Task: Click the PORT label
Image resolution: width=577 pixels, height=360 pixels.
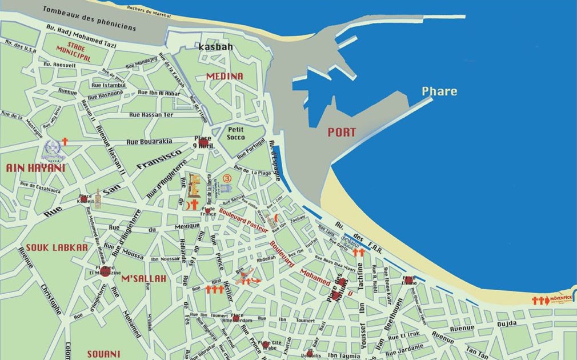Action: [x=342, y=132]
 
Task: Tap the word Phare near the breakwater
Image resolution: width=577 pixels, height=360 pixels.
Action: [x=439, y=91]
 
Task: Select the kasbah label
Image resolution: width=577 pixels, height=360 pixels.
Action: [x=215, y=47]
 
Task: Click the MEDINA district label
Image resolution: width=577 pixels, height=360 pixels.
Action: [x=225, y=76]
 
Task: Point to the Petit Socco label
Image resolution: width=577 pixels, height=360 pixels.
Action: [x=235, y=133]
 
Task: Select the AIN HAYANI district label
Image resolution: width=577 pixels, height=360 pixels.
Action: [x=35, y=168]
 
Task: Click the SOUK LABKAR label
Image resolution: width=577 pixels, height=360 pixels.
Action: [x=57, y=247]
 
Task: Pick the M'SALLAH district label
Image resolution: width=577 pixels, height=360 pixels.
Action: [x=143, y=278]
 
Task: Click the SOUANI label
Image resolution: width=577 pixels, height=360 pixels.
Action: [x=104, y=354]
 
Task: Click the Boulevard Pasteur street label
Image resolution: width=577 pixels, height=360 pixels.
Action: [x=243, y=219]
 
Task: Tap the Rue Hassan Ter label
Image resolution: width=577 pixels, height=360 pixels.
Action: [x=151, y=115]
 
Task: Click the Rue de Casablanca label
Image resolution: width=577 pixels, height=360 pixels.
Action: [x=40, y=187]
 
